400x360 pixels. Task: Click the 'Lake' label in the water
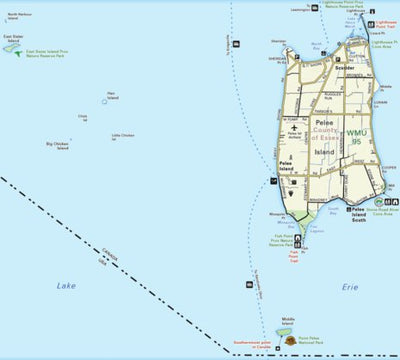[66, 286]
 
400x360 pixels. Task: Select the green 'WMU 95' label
[357, 132]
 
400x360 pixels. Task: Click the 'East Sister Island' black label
[13, 39]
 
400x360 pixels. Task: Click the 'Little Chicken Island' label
[122, 136]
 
